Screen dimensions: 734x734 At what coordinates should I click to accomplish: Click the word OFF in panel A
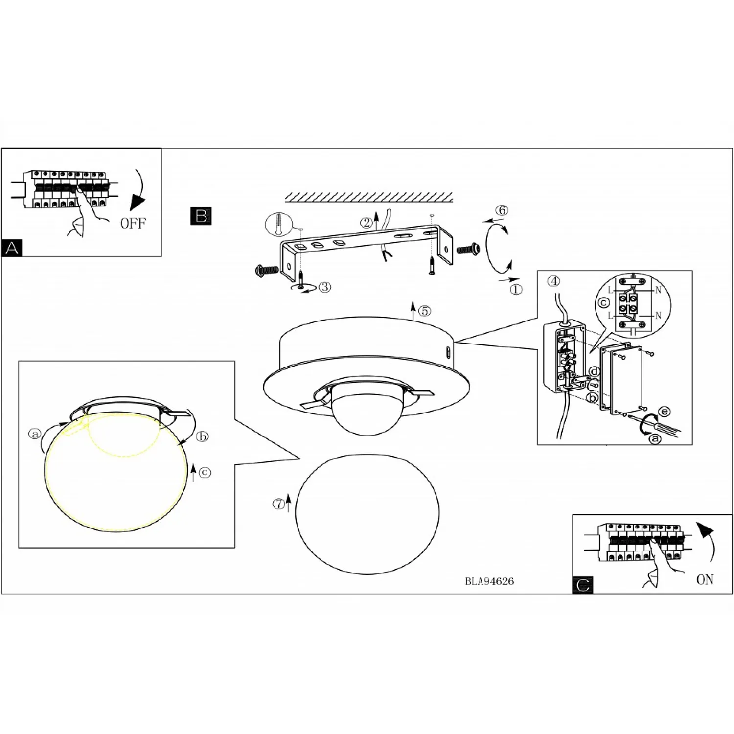point(133,224)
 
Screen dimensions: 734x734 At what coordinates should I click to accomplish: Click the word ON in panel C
point(705,580)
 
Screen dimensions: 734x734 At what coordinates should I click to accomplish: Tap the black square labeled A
point(12,248)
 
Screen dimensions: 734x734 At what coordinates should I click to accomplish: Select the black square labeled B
point(201,216)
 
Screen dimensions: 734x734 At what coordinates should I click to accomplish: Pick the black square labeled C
point(583,585)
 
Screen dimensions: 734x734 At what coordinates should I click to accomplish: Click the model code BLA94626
point(489,581)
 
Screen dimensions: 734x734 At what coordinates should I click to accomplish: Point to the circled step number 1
point(516,289)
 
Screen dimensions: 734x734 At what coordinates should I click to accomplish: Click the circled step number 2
point(367,223)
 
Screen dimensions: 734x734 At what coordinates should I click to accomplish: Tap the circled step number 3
point(325,287)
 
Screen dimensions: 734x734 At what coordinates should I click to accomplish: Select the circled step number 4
point(553,281)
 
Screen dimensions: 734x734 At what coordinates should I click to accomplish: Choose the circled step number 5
point(425,311)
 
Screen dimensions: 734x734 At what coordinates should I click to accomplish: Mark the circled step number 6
point(502,210)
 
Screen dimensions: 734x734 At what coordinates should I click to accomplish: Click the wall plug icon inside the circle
point(279,225)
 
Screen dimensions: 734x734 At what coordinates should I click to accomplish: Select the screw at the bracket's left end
point(267,269)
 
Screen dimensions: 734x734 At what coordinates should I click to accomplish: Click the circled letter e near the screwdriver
point(664,412)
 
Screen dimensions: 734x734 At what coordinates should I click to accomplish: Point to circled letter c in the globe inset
point(205,472)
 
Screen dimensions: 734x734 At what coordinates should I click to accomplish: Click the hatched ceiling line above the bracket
point(369,197)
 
